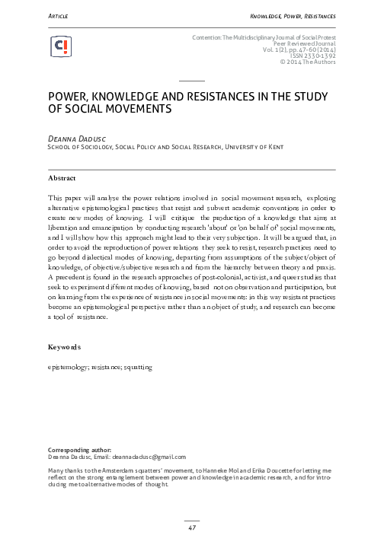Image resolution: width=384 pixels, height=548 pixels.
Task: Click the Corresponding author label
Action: (x=71, y=450)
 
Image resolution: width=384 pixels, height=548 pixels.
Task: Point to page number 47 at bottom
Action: (x=192, y=528)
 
